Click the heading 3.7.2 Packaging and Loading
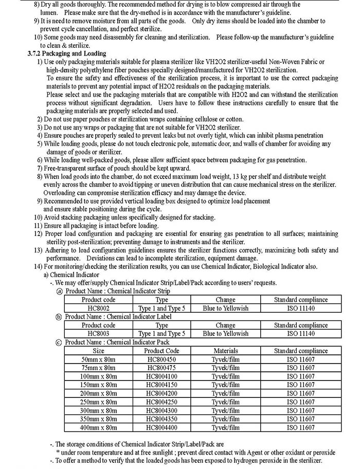coord(66,53)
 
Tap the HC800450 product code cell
coord(163,359)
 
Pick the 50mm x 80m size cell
coord(98,359)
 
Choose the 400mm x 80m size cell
coord(98,427)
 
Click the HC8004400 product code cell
coord(163,427)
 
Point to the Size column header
coord(98,351)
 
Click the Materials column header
coord(225,351)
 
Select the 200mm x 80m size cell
coord(98,393)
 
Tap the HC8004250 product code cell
coord(163,402)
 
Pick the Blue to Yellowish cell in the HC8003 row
coord(225,333)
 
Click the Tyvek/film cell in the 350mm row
coord(225,419)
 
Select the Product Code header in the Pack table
coord(163,351)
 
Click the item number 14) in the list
coord(39,266)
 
